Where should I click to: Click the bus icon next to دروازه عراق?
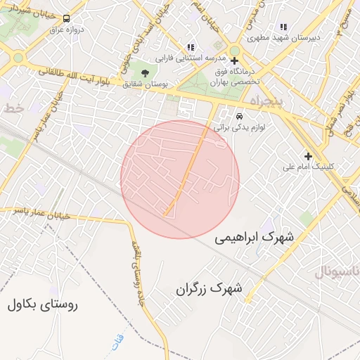click(x=67, y=19)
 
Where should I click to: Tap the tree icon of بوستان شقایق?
click(x=145, y=72)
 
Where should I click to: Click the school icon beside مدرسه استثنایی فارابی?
click(x=191, y=47)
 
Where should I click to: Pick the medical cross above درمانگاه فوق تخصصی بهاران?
click(x=234, y=60)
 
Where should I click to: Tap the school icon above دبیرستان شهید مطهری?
click(x=283, y=27)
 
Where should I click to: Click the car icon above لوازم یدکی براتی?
click(x=239, y=115)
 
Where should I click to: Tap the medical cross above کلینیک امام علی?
click(x=307, y=155)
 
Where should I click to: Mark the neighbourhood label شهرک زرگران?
click(x=209, y=288)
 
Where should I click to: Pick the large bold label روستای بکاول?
click(x=43, y=304)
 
